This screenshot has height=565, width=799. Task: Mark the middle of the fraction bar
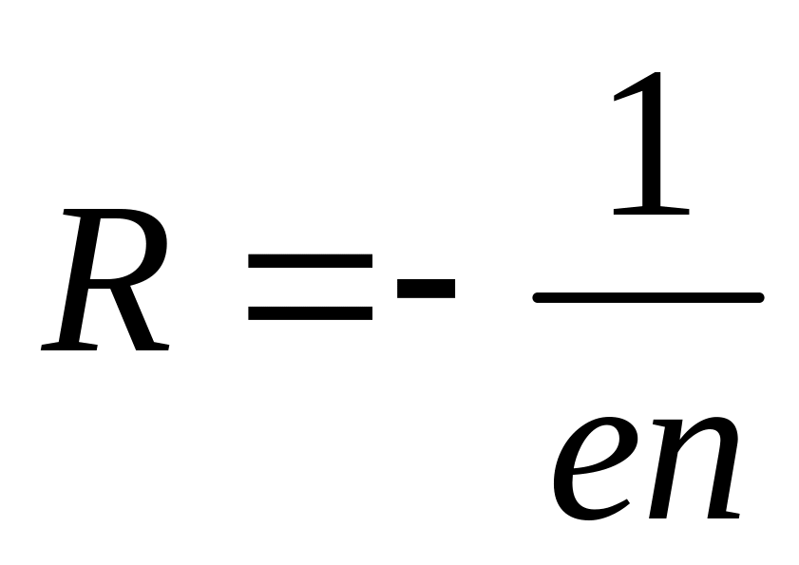pyautogui.click(x=649, y=297)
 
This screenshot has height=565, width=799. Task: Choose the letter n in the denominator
pyautogui.click(x=691, y=466)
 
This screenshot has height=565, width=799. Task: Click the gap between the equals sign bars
pyautogui.click(x=310, y=286)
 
